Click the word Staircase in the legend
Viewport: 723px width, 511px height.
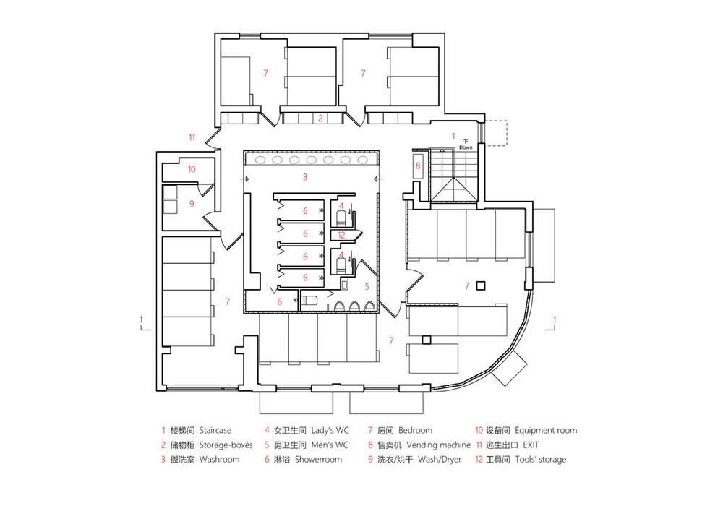[215, 430]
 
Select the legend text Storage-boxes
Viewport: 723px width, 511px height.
[226, 445]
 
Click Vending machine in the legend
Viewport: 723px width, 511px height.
[438, 445]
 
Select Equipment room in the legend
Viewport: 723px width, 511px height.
[547, 430]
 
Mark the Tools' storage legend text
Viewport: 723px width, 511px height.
[541, 459]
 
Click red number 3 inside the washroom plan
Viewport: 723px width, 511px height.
[305, 176]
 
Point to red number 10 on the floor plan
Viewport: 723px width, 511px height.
[191, 169]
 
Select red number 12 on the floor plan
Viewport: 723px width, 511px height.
[342, 233]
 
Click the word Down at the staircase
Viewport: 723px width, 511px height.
[466, 147]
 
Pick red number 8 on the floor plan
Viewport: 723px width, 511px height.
[417, 166]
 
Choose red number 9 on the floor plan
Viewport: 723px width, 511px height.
[191, 204]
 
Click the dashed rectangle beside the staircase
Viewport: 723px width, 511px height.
[497, 133]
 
